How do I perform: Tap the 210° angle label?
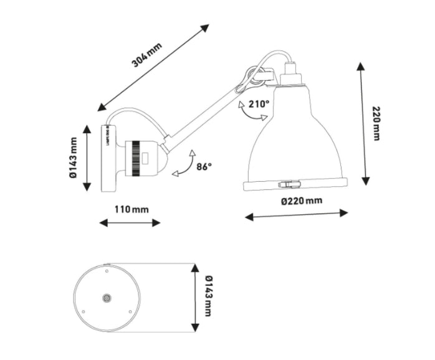pos(259,104)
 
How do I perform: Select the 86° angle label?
pos(204,166)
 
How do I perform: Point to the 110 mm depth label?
pos(131,209)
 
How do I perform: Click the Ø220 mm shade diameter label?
pos(302,201)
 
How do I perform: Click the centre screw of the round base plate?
pos(107,299)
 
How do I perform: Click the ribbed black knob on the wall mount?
pos(136,159)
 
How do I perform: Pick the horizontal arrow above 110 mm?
pos(130,222)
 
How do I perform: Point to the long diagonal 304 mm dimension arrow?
pos(154,68)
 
